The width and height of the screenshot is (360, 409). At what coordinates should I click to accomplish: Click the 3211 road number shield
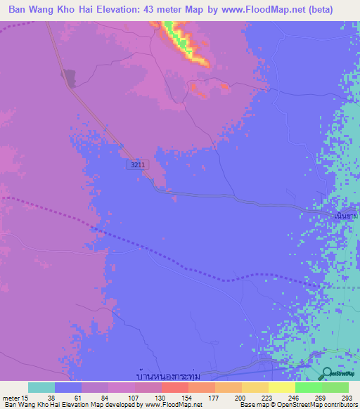click(137, 164)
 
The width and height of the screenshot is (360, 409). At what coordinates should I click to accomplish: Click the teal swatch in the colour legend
click(41, 387)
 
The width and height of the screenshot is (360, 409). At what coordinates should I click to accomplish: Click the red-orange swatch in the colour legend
click(174, 387)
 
